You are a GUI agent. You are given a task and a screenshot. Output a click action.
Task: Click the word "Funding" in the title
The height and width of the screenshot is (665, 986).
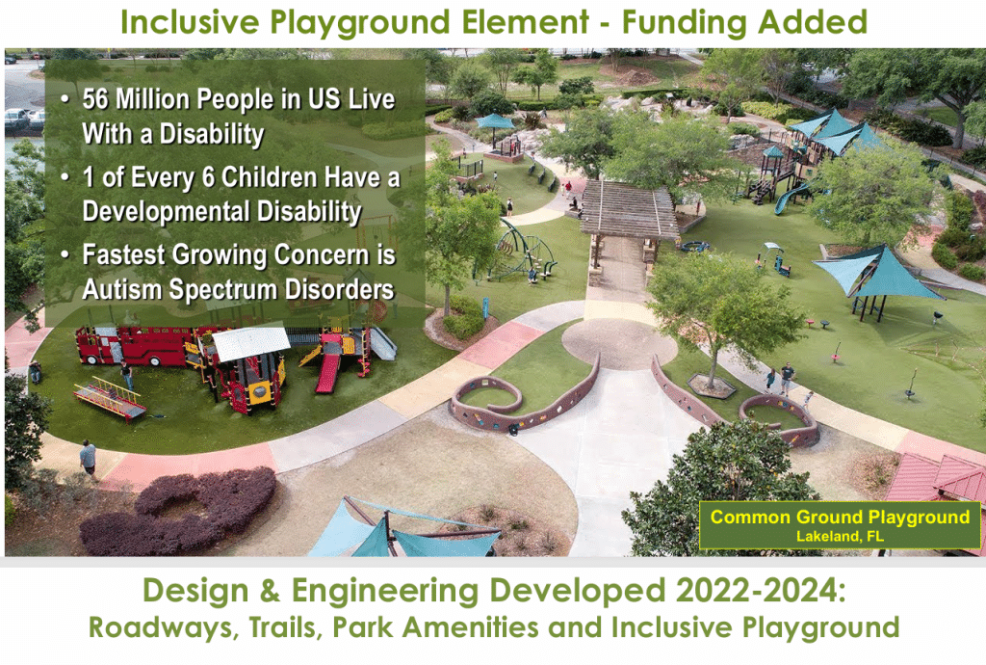685,23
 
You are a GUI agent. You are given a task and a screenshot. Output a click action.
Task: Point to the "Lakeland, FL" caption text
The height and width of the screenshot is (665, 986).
840,537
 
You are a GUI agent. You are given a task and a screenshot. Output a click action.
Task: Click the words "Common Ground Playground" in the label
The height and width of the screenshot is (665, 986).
840,518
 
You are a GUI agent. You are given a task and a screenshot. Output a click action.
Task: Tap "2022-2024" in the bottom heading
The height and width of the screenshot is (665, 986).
761,591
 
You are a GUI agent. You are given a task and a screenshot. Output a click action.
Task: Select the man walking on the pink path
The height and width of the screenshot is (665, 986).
89,459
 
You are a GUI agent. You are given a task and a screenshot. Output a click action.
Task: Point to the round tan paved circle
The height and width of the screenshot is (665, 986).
619,343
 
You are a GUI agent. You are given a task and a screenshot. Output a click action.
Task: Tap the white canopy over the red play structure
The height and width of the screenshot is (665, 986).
250,343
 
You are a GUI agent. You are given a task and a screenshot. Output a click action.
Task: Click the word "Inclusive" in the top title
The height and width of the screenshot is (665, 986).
190,23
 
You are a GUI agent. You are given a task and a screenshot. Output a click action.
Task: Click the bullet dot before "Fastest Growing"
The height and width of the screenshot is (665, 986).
65,254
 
